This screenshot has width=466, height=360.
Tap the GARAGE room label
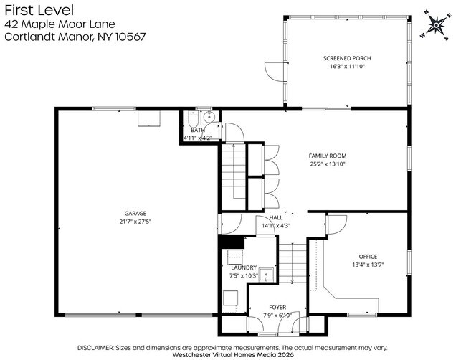(135, 213)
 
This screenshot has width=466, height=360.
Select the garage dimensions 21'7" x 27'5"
(135, 222)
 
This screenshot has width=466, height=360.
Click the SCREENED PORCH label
(347, 58)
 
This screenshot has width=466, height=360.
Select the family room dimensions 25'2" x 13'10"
(328, 164)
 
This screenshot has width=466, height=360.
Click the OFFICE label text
(368, 256)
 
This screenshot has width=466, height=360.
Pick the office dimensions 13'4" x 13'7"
(368, 265)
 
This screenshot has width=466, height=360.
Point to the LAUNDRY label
(244, 267)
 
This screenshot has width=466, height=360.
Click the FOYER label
(277, 307)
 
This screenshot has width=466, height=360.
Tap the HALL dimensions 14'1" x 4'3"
(276, 226)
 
